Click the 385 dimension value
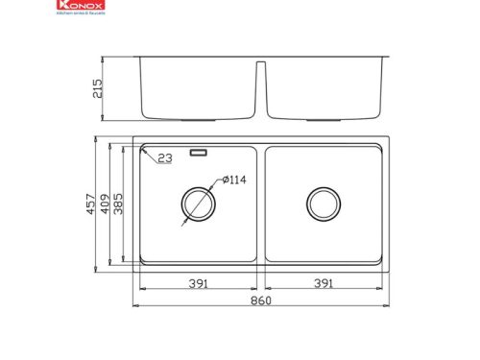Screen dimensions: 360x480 tap(120, 206)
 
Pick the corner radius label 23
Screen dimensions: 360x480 tap(165, 159)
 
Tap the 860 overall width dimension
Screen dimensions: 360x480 tap(260, 302)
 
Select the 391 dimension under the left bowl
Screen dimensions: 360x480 tap(199, 283)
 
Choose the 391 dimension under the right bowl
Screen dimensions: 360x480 tap(324, 283)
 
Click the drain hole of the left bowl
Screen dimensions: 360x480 tap(199, 204)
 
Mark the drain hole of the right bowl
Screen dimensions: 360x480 tap(324, 204)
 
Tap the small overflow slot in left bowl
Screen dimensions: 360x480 tap(200, 151)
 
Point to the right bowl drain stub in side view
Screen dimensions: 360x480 tap(324, 119)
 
